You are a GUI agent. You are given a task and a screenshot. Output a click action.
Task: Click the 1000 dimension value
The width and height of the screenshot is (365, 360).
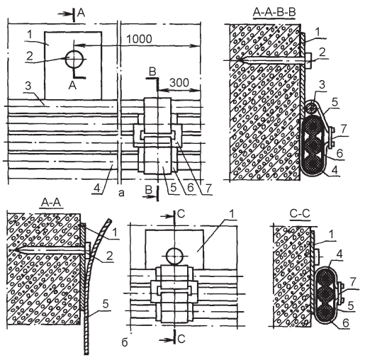[139, 39]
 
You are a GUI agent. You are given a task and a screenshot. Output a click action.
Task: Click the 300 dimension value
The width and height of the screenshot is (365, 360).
[179, 83]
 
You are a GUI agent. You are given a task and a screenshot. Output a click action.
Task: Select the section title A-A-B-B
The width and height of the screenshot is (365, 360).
[274, 13]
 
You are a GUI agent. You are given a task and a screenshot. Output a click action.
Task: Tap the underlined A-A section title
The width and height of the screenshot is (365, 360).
[51, 203]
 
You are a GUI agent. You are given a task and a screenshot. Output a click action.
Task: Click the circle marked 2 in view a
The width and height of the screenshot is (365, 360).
[74, 59]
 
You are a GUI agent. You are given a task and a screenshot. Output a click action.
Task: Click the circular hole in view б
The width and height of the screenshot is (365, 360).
[174, 257]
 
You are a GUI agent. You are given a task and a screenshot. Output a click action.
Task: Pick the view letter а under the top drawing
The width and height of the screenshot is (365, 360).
[121, 193]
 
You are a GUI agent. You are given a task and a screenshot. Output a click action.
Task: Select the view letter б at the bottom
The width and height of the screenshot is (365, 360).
[125, 342]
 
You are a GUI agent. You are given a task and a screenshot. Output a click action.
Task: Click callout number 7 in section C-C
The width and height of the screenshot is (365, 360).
[353, 282]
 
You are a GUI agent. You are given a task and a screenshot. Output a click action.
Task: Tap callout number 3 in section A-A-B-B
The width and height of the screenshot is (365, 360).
[322, 85]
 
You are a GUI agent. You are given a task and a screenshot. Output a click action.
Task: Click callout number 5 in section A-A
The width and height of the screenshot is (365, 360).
[106, 304]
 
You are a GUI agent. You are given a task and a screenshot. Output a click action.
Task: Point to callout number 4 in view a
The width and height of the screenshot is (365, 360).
[96, 189]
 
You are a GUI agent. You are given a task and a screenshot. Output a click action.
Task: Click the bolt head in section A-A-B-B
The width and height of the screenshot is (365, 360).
[308, 61]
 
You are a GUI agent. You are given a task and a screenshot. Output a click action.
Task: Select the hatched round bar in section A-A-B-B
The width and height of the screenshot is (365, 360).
[310, 108]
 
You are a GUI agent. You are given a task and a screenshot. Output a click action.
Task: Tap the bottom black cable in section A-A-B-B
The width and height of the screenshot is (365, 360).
[313, 165]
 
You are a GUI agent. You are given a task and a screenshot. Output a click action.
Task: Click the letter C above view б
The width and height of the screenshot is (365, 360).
[181, 214]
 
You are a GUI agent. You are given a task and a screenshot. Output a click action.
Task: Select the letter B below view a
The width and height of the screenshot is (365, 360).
[148, 190]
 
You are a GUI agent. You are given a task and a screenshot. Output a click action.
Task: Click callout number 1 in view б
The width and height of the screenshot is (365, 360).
[232, 214]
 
